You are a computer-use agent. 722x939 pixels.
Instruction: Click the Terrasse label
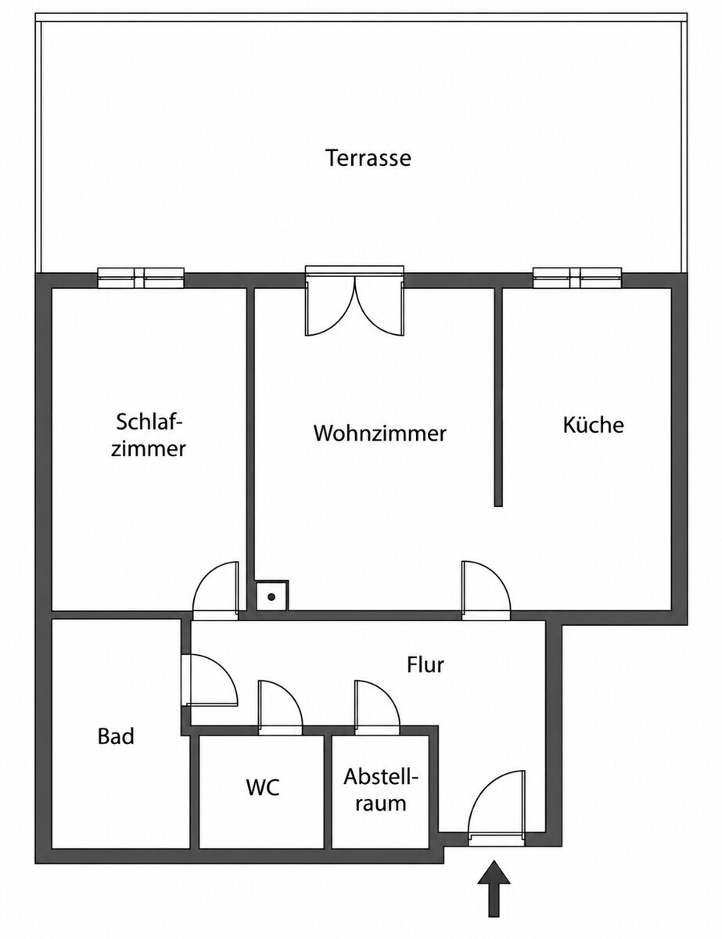coord(368,158)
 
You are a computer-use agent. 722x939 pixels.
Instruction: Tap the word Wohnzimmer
coord(380,434)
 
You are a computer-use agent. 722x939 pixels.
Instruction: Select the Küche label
coord(593,425)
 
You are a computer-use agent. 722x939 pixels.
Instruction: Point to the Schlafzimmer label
coord(149,435)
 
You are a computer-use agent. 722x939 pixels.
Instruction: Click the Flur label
coord(426,665)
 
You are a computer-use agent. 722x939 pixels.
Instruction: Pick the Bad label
coord(116,736)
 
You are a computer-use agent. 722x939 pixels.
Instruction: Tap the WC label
coord(263,787)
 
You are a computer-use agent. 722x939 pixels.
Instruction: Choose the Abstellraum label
coord(381,790)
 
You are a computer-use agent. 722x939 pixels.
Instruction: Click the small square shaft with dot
coord(271,597)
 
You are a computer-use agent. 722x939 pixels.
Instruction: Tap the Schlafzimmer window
coord(141,278)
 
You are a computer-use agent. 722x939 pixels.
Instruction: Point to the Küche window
coord(577,278)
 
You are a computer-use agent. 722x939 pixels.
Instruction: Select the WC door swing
coord(280,708)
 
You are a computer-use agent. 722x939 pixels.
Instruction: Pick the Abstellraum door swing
coord(377,708)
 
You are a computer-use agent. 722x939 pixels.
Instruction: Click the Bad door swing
coord(210,681)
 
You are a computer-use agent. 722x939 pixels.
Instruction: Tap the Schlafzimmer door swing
coord(215,590)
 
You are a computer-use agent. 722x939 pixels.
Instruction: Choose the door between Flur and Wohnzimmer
coord(486,590)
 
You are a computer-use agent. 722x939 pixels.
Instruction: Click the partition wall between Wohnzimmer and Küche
coord(497,397)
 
